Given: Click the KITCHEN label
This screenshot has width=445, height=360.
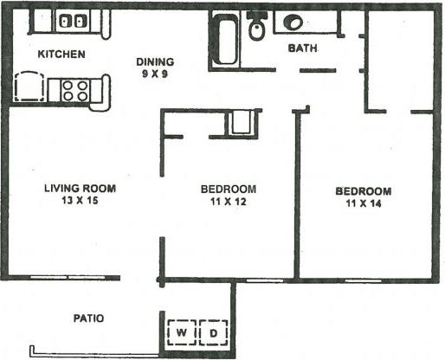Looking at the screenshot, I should pyautogui.click(x=61, y=55).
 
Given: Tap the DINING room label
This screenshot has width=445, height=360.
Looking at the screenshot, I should pyautogui.click(x=156, y=61).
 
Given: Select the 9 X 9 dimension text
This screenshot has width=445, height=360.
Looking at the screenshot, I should pyautogui.click(x=156, y=74).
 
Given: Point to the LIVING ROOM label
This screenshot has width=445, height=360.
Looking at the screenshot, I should pyautogui.click(x=80, y=188).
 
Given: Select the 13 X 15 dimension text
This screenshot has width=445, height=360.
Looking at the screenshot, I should pyautogui.click(x=80, y=201).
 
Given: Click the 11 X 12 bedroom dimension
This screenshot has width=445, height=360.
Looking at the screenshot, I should pyautogui.click(x=228, y=202).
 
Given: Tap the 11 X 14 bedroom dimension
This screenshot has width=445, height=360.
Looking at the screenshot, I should pyautogui.click(x=364, y=204).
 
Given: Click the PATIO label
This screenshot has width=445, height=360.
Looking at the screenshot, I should pyautogui.click(x=88, y=318).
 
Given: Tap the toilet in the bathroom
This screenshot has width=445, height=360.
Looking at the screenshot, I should pyautogui.click(x=257, y=29).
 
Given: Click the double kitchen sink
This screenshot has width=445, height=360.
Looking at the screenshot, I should pyautogui.click(x=73, y=21).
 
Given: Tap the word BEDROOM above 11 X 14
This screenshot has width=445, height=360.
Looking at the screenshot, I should pyautogui.click(x=364, y=191).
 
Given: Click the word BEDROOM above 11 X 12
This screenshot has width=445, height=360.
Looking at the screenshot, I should pyautogui.click(x=228, y=190).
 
